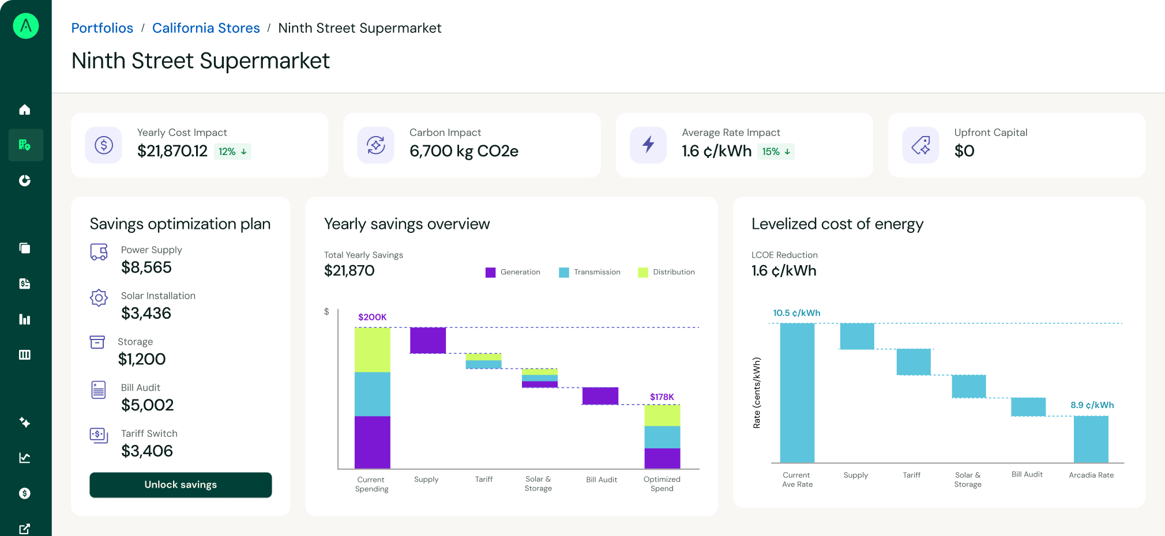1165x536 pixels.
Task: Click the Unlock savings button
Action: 181,485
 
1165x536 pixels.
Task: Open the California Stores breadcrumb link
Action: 206,28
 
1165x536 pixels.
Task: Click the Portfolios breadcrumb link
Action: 102,28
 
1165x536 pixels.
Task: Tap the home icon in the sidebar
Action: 25,110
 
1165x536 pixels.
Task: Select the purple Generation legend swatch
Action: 490,273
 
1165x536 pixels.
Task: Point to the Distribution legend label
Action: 674,272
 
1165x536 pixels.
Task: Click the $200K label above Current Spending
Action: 372,317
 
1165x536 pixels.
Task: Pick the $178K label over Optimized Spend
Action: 662,397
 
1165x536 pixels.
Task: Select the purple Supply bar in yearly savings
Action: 427,340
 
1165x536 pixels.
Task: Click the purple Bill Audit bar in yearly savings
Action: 600,396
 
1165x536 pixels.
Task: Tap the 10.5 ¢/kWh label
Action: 796,313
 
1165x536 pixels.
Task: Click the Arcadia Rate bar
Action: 1091,439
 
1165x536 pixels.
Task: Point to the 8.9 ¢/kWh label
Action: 1092,405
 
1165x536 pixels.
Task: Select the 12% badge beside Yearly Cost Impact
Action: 232,152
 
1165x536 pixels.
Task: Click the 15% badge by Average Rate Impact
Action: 776,152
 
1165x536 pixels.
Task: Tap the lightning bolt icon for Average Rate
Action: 648,145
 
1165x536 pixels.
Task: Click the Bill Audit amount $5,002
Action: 147,405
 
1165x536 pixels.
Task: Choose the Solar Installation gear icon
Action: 99,298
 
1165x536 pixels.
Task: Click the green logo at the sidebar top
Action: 26,26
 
